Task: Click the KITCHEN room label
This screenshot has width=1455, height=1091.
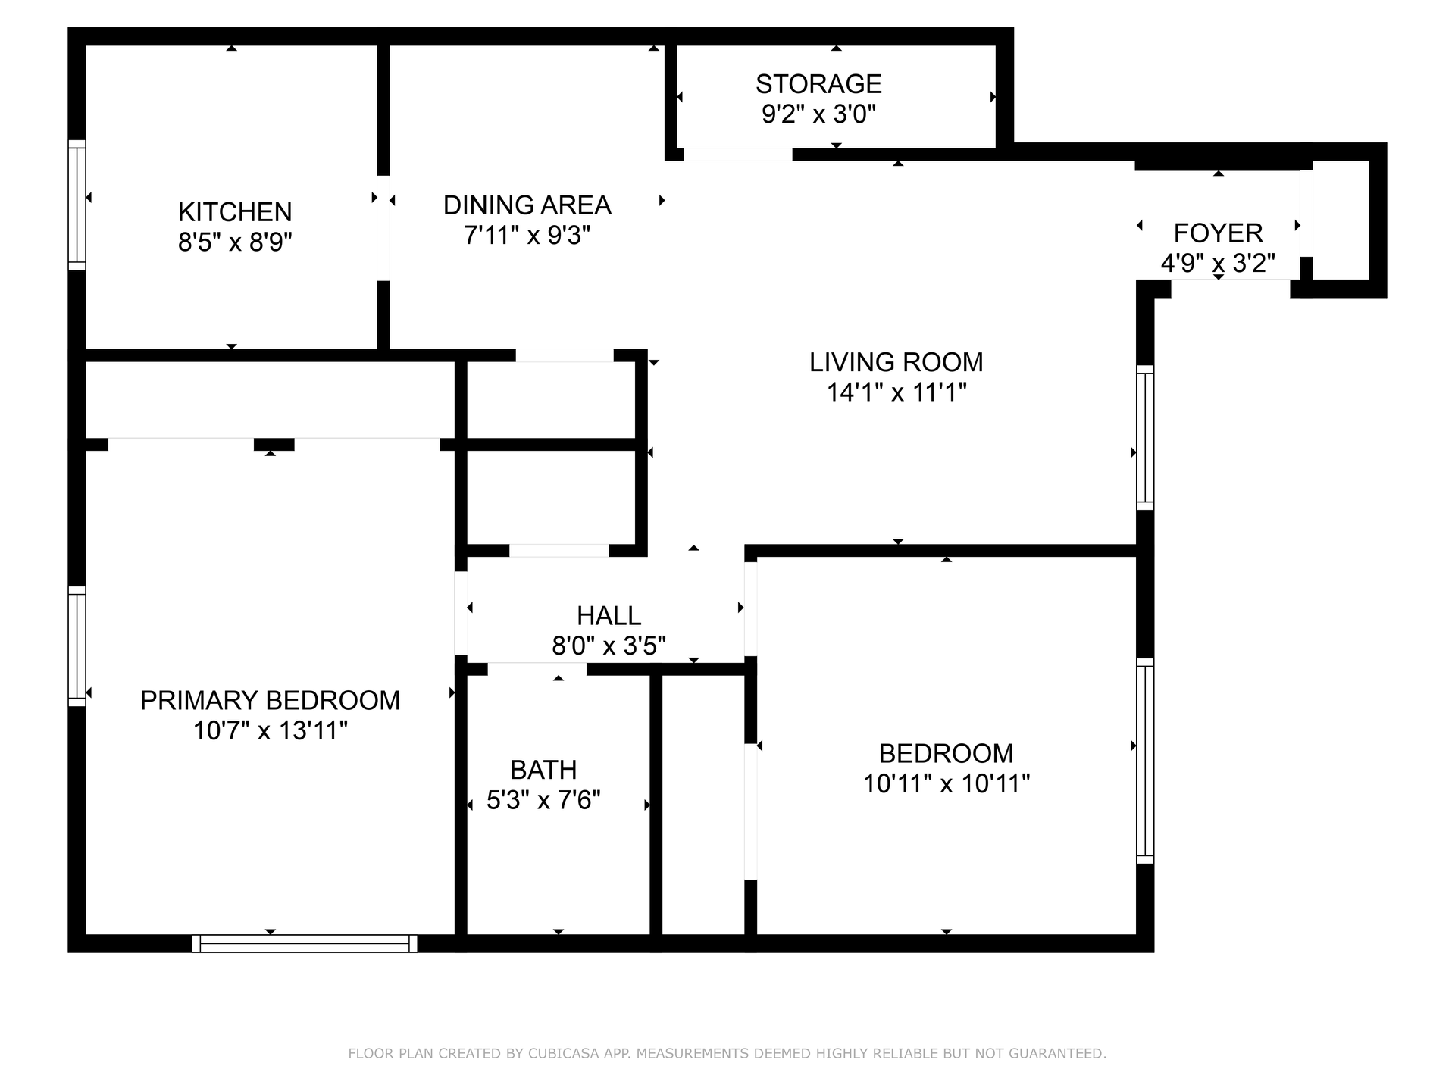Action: click(x=235, y=211)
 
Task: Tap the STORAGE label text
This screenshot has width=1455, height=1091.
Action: click(x=818, y=83)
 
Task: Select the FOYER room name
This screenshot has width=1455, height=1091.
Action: click(x=1218, y=233)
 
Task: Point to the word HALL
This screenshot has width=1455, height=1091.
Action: click(x=609, y=615)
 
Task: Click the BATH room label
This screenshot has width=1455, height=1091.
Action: click(x=543, y=770)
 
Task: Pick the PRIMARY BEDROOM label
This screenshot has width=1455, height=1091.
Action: click(x=270, y=700)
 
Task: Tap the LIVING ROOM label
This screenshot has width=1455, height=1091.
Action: click(x=896, y=362)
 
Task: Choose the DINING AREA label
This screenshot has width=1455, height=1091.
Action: click(x=527, y=205)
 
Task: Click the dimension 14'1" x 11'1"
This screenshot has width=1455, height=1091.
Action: click(x=896, y=392)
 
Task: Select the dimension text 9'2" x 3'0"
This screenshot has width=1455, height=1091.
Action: click(x=818, y=114)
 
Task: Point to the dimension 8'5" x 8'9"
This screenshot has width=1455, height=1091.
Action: click(x=235, y=242)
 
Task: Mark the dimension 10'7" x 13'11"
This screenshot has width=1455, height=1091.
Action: click(x=270, y=731)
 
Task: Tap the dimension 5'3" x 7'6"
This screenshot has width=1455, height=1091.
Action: click(x=543, y=800)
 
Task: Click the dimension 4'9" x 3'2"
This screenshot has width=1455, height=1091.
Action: click(x=1218, y=264)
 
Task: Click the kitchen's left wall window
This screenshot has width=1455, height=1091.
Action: click(x=77, y=205)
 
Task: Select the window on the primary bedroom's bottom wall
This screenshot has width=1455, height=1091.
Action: click(x=305, y=943)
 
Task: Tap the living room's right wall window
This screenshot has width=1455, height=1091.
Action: click(x=1145, y=438)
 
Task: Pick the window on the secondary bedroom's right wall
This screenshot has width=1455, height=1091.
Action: click(x=1145, y=761)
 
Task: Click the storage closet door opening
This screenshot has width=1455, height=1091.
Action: click(x=738, y=155)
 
